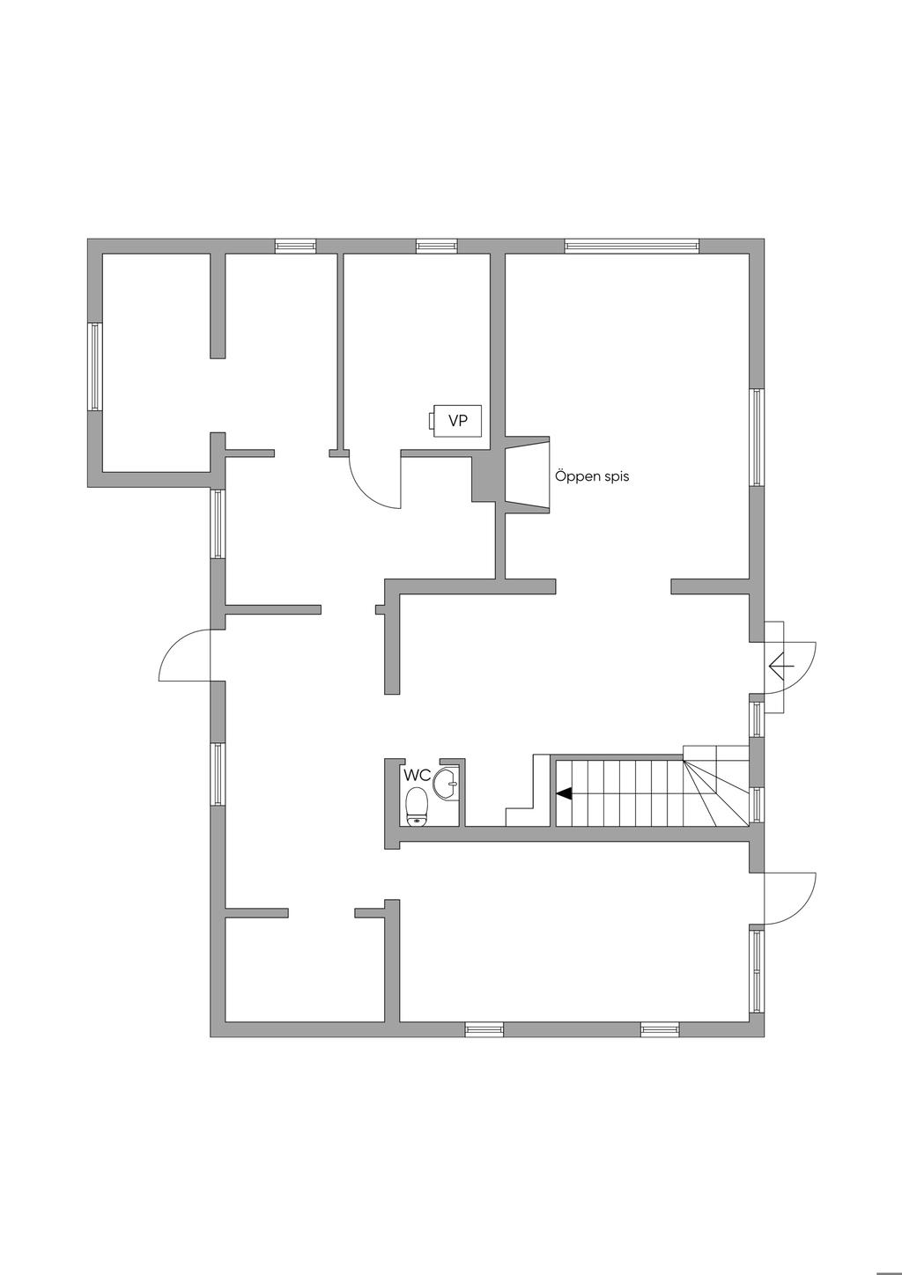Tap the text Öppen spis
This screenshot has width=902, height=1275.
[592, 476]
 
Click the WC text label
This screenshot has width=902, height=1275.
[417, 776]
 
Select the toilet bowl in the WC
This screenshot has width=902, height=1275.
[417, 806]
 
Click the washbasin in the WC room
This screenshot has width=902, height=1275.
[448, 783]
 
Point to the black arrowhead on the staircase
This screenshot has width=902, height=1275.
[564, 793]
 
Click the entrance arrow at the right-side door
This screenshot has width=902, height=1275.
[780, 667]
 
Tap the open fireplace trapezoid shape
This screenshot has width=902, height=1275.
[527, 473]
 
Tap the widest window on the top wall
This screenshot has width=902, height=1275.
[632, 246]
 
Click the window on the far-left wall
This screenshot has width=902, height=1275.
[95, 365]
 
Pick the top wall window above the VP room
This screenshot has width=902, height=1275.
[436, 246]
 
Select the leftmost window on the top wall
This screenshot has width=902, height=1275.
[295, 246]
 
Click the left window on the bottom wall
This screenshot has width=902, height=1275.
[484, 1028]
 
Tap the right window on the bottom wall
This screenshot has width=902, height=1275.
[660, 1028]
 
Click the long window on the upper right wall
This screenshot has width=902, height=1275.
[756, 437]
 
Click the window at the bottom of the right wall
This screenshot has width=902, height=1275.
[756, 971]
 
